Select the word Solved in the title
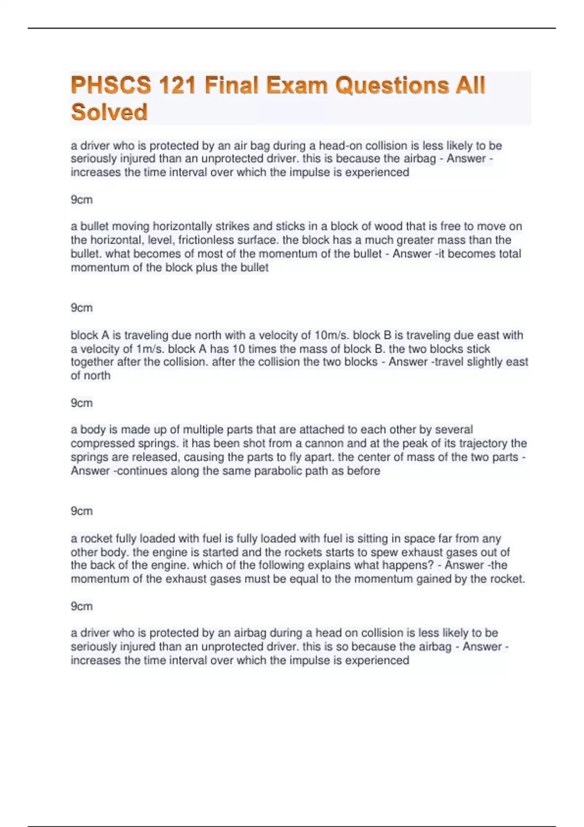click(x=109, y=112)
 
